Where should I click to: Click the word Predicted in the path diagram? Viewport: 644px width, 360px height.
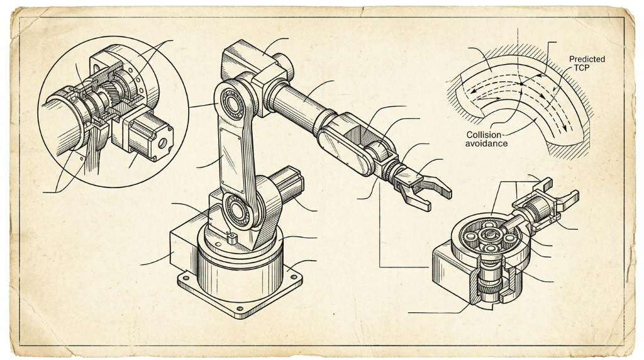587,59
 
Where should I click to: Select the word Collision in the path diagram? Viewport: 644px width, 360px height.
484,135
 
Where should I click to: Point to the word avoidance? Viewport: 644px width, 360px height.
486,144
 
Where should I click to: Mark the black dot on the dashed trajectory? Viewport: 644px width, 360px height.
521,84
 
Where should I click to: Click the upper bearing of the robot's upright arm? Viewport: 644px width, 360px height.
233,101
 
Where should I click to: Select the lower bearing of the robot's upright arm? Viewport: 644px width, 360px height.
236,210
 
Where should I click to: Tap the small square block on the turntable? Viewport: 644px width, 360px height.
231,238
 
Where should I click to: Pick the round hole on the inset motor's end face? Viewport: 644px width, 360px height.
163,143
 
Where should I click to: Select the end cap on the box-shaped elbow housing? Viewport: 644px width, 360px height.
286,65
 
